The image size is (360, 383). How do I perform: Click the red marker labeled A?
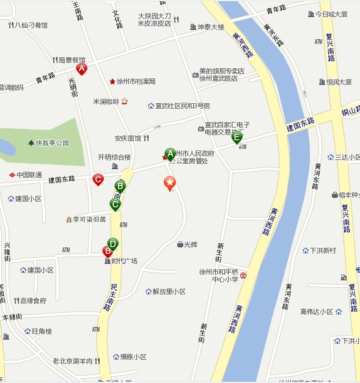coord(81,69)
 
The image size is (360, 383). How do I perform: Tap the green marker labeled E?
coord(237,138)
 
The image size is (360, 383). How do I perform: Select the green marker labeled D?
coord(112,244)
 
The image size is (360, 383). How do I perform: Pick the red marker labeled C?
coord(98,180)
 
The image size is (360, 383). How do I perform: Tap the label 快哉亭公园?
coord(53,143)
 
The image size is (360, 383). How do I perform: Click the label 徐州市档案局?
coord(136,81)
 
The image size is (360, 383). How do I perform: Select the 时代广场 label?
coord(124,261)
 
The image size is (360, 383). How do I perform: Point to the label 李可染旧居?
coord(89,219)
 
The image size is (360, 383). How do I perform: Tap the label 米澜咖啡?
coord(106,101)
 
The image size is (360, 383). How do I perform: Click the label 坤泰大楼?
coord(211,27)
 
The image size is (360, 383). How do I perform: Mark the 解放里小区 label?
coord(169,291)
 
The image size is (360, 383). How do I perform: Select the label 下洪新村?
coord(322,250)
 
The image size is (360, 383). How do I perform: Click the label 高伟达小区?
coord(317,312)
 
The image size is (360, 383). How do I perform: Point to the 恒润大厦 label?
coord(339,81)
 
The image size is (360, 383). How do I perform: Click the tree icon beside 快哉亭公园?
coord(31,143)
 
